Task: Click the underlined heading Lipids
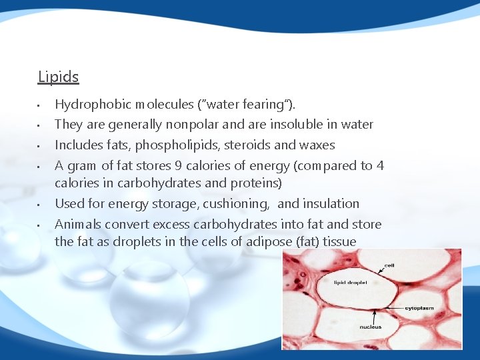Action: pyautogui.click(x=58, y=77)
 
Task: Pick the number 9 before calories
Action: pyautogui.click(x=179, y=166)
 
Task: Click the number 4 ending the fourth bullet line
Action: pyautogui.click(x=380, y=166)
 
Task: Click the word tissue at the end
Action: pyautogui.click(x=339, y=242)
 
